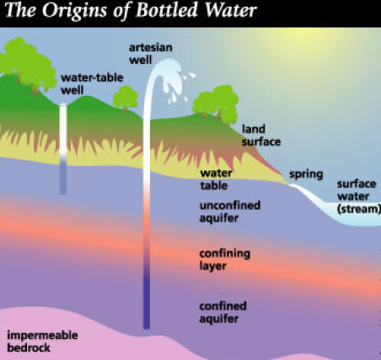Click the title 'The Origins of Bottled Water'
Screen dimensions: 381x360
[131, 10]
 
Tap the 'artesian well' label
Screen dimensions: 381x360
[151, 53]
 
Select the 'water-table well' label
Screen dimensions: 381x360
[92, 83]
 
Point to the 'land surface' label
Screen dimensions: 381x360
[261, 136]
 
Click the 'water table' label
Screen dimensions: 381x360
[216, 180]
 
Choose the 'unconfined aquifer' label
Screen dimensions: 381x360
[230, 212]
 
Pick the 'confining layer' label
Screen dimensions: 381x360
[224, 260]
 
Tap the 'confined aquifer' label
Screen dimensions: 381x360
[223, 312]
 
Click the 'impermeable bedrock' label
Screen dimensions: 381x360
[42, 341]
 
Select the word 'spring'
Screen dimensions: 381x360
[306, 175]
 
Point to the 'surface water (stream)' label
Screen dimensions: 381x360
[358, 196]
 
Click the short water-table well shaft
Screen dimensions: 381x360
[63, 149]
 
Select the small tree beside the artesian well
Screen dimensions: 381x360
[126, 98]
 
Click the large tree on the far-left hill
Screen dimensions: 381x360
[28, 65]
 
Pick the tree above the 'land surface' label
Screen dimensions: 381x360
[217, 105]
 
